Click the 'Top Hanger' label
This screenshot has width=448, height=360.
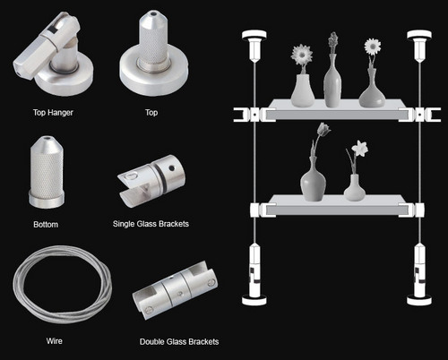pos(53,113)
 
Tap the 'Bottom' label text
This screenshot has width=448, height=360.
pos(46,225)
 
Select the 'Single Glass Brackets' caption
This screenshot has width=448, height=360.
pos(151,224)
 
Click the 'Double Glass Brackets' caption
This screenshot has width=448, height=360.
pos(179,342)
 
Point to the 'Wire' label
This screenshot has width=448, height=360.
pos(55,341)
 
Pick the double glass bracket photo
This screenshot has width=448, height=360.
pos(176,290)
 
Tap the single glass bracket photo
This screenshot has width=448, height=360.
pos(151,181)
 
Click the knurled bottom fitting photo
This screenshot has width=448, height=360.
pos(47,172)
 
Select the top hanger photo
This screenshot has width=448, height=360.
pos(53,54)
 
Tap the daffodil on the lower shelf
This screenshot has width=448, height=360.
pos(359,149)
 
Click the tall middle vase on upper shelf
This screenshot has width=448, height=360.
pos(332,81)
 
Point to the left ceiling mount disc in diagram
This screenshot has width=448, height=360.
pos(254,35)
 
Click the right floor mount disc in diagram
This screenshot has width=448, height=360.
pos(419,300)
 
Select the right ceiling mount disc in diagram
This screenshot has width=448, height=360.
pos(419,35)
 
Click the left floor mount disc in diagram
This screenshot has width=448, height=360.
pos(254,300)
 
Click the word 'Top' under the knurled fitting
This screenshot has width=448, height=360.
pos(151,113)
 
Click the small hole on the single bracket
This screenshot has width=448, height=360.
pos(172,168)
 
